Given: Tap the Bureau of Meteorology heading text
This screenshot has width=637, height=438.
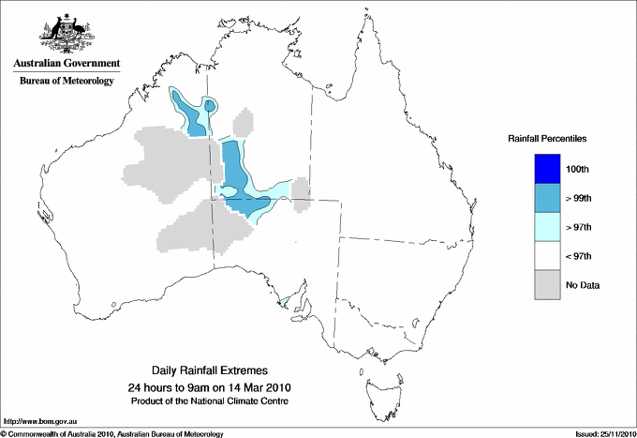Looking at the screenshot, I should [66, 81].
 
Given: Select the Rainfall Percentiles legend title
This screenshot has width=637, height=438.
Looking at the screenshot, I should [547, 138].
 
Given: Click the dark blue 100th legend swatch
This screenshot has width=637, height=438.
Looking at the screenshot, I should [546, 169].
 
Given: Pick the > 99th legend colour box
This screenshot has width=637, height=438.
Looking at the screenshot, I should [546, 198].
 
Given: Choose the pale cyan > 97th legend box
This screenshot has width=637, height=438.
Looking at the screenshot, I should [546, 227].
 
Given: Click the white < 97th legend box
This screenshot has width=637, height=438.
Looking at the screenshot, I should [546, 256].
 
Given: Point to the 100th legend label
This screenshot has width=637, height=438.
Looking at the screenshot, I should [578, 169].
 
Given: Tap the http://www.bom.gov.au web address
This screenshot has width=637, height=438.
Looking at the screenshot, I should [39, 422].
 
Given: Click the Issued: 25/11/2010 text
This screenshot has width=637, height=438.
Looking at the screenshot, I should [603, 433].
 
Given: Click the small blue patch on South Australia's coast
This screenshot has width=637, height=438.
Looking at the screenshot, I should [284, 303].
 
